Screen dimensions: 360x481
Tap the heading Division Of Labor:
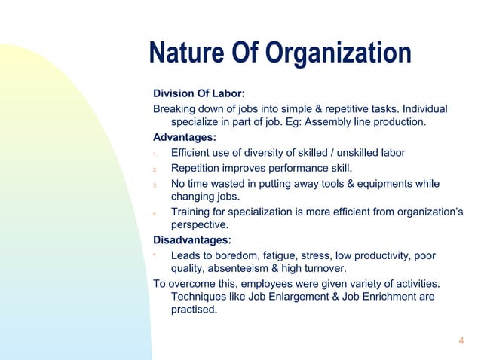click(198, 94)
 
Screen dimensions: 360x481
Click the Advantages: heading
click(184, 138)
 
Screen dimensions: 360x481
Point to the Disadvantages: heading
click(192, 240)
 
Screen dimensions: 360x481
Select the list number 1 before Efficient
click(155, 154)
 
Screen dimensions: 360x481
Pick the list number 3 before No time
click(155, 185)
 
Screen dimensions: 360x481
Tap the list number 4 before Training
click(155, 213)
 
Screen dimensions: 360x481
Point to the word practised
click(195, 311)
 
